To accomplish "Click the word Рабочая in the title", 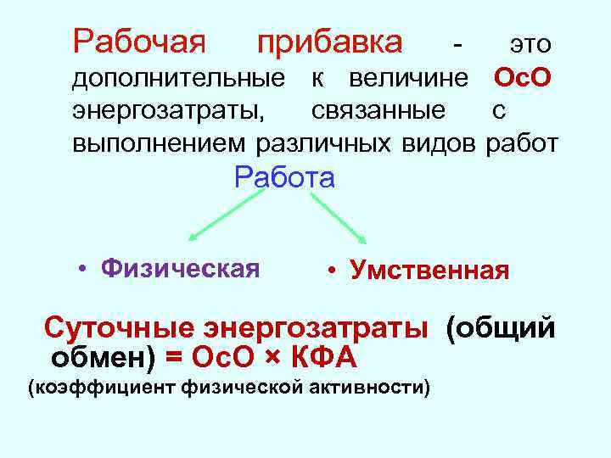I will click(139, 41).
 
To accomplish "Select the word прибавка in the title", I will click(331, 41).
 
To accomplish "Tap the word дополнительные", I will click(178, 79).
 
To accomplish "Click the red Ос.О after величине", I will click(523, 79).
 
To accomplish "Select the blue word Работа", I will click(285, 178).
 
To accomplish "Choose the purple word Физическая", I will click(180, 269).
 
